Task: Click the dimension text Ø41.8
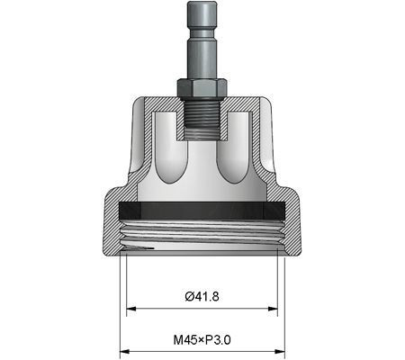[202, 296]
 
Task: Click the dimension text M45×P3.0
[202, 340]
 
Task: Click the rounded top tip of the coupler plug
[202, 5]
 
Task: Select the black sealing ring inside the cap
[202, 209]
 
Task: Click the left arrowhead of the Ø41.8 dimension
[130, 309]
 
